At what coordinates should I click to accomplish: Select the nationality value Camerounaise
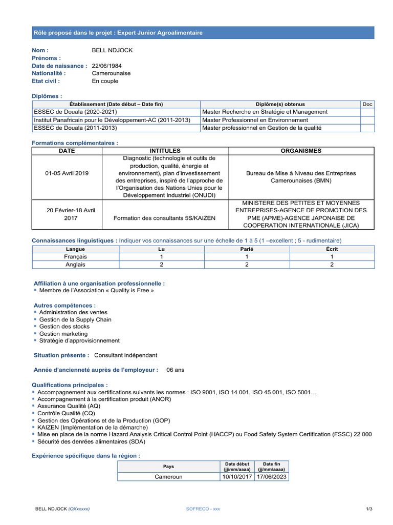pos(111,73)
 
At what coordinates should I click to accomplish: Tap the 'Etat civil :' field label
pos(46,81)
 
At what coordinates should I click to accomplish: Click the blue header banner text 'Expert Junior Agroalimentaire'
pos(160,33)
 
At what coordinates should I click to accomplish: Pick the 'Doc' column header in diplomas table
pos(367,104)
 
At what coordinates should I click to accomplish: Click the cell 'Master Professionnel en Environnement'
pos(255,120)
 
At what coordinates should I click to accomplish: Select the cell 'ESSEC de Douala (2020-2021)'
pos(75,112)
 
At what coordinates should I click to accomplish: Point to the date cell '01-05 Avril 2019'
pos(67,173)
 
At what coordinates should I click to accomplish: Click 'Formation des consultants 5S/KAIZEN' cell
pos(165,218)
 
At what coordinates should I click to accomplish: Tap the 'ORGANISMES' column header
pos(301,151)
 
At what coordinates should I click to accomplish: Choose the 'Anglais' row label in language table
pos(75,265)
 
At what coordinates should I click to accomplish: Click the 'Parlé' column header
pos(247,249)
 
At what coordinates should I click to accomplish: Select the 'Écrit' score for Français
pos(332,257)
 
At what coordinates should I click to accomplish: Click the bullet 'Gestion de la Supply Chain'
pos(75,319)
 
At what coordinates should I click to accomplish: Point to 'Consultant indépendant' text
pos(125,355)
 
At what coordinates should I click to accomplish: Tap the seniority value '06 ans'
pos(175,369)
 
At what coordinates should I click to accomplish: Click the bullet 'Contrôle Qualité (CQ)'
pos(66,413)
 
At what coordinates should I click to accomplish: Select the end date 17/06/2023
pos(271,476)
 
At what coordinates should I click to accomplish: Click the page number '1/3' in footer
pos(369,509)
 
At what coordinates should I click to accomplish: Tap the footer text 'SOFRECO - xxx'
pos(203,509)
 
